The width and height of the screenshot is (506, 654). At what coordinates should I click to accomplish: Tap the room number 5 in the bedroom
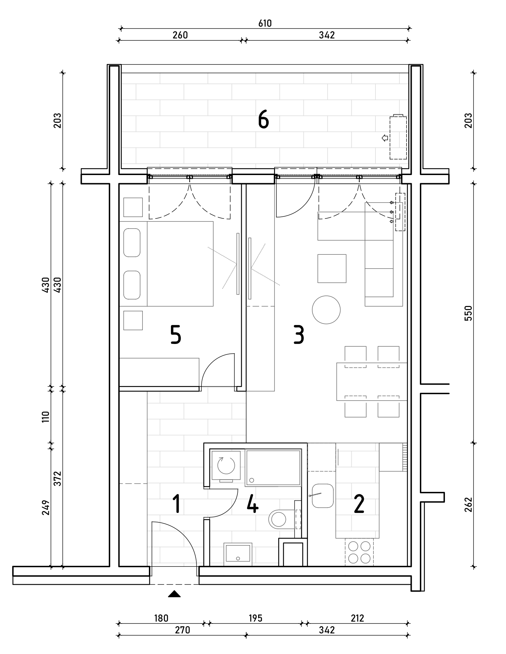(x=176, y=335)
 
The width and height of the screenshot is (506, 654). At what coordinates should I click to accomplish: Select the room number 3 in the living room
(x=299, y=335)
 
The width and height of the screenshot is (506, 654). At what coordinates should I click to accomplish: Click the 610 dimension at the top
(x=265, y=23)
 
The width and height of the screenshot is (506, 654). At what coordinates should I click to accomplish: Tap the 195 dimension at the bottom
(x=255, y=618)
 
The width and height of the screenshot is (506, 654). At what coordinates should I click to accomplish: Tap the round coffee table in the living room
(x=326, y=310)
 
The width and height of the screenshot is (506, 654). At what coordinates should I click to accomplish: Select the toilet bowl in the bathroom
(x=279, y=519)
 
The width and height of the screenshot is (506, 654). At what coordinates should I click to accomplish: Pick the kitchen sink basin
(x=323, y=496)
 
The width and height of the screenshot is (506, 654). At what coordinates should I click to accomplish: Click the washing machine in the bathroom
(x=226, y=465)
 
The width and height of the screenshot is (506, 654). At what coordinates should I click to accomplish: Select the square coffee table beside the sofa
(x=332, y=268)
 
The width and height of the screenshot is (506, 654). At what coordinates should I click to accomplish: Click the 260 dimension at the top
(x=180, y=35)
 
